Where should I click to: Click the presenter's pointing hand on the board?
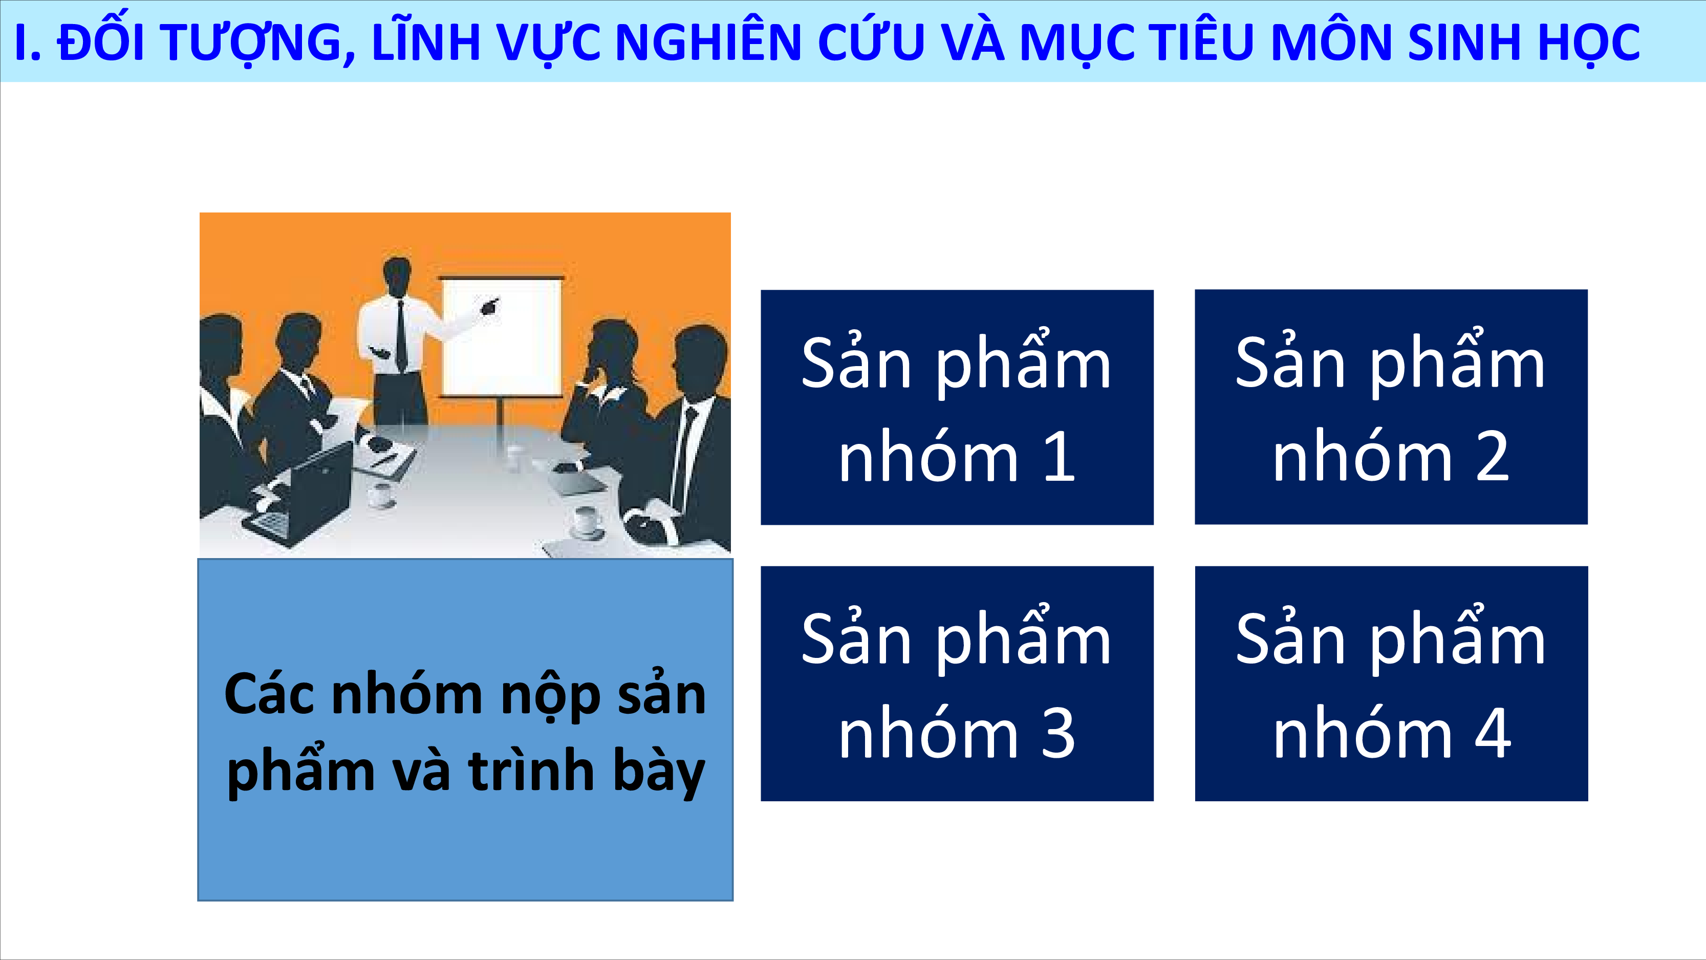pyautogui.click(x=489, y=306)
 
